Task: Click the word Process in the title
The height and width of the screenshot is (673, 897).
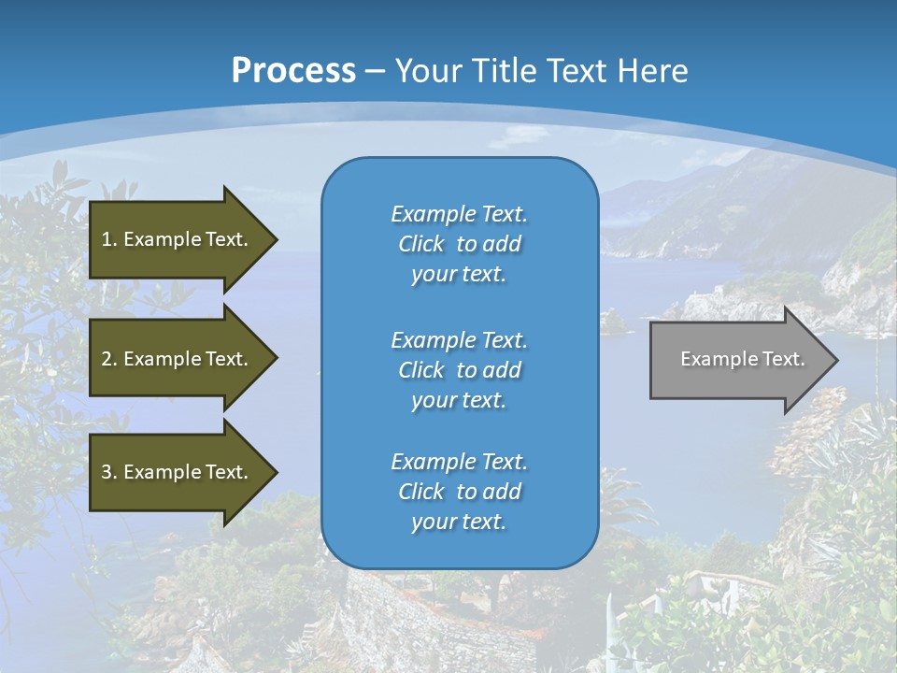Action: point(293,71)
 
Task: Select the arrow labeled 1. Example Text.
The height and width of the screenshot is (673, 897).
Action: point(178,239)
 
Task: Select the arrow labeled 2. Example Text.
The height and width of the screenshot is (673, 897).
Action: point(178,359)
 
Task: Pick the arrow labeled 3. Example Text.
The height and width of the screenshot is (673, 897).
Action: point(178,472)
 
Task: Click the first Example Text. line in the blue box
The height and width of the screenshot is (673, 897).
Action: point(459,214)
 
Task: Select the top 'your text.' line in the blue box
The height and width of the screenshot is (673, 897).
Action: point(459,275)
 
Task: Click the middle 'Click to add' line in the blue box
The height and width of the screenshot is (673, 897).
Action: point(459,370)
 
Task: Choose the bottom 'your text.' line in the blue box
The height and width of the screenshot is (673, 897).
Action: point(459,523)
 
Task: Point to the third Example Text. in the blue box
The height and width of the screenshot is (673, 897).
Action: point(459,462)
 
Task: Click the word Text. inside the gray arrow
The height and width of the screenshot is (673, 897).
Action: point(783,359)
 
